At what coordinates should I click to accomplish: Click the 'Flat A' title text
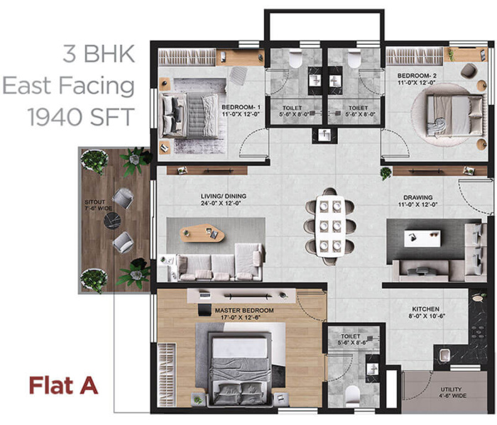pyautogui.click(x=62, y=386)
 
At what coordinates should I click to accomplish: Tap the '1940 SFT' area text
pyautogui.click(x=81, y=116)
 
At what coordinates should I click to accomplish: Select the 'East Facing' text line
pyautogui.click(x=68, y=86)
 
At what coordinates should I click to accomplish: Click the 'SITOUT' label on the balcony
pyautogui.click(x=94, y=202)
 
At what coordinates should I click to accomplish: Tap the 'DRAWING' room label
pyautogui.click(x=419, y=198)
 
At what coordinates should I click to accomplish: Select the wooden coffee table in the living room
pyautogui.click(x=202, y=232)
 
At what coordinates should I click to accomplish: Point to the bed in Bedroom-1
pyautogui.click(x=186, y=114)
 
